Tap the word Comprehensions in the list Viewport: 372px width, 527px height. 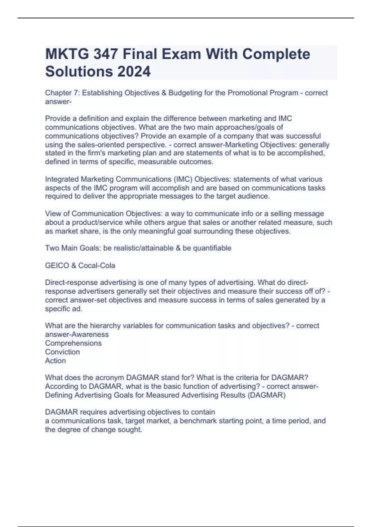73,343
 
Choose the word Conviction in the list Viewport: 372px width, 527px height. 62,352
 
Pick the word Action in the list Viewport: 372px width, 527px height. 55,361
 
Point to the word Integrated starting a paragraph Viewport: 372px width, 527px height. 62,179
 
